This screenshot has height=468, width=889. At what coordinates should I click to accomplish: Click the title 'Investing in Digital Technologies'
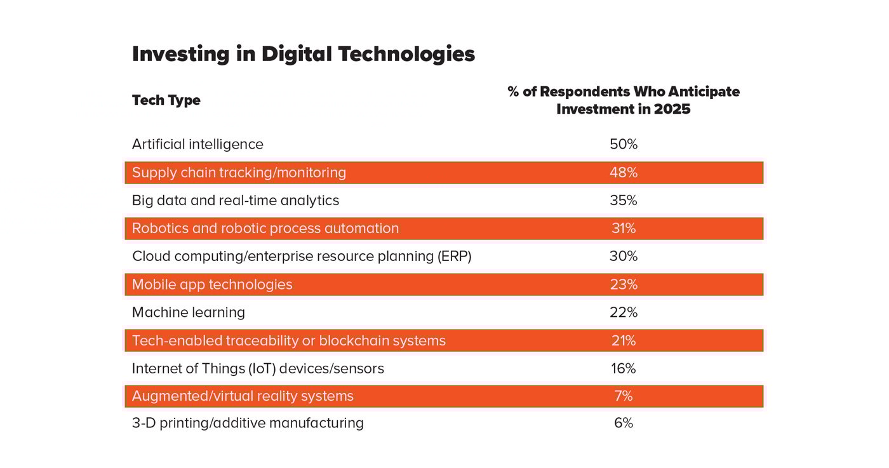[x=303, y=54]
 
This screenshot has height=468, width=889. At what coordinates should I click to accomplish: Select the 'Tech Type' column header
[x=166, y=100]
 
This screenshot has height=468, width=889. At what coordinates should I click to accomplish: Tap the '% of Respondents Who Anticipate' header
[x=623, y=92]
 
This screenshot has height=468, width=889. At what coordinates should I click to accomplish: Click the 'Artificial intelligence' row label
[x=197, y=144]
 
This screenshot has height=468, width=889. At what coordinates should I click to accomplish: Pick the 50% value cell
[x=623, y=144]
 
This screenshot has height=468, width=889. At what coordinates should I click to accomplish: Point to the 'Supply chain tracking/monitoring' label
[x=239, y=172]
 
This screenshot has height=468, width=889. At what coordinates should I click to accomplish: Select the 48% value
[x=623, y=172]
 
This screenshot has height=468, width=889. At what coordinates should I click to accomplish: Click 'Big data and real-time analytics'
[x=235, y=201]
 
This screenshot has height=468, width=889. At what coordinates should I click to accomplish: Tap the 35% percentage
[x=623, y=201]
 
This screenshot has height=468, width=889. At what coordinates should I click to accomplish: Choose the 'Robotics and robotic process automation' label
[x=265, y=229]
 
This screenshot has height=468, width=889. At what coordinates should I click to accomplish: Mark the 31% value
[x=623, y=229]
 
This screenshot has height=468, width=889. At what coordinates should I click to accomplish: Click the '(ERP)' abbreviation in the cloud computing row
[x=453, y=257]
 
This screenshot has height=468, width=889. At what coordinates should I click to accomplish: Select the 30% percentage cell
[x=623, y=257]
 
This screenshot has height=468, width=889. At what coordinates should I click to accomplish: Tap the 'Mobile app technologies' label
[x=212, y=284]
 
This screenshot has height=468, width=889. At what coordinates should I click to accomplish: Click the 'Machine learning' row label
[x=188, y=312]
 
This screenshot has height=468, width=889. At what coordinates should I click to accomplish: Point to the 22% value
[x=623, y=312]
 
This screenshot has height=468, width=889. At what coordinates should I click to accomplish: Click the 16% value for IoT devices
[x=623, y=368]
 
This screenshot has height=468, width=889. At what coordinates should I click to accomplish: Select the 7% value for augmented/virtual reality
[x=623, y=396]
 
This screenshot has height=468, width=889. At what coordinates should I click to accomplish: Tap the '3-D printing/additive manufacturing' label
[x=248, y=423]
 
